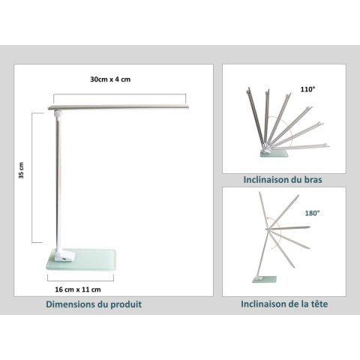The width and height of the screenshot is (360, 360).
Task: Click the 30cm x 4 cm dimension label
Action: click(x=110, y=79)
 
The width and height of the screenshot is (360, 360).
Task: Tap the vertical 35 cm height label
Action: click(x=22, y=170)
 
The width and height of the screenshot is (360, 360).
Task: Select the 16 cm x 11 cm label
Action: click(x=78, y=289)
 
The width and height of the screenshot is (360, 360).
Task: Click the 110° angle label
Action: click(x=307, y=89)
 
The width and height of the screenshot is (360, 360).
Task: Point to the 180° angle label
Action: click(x=312, y=213)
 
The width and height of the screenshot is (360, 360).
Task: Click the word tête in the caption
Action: click(x=319, y=304)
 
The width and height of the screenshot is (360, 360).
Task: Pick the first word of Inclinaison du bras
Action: click(x=264, y=179)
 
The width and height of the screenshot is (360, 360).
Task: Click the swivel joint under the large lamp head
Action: click(x=58, y=114)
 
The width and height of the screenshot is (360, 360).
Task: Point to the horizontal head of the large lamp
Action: click(x=118, y=107)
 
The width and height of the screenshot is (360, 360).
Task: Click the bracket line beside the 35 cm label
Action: click(x=32, y=178)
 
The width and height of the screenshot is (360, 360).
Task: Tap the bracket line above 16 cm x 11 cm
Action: click(x=80, y=280)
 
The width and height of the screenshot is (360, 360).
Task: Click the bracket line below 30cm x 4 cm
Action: click(x=120, y=94)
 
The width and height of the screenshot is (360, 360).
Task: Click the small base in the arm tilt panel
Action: click(x=274, y=153)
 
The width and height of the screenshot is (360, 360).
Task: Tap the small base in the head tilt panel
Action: click(x=265, y=279)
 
